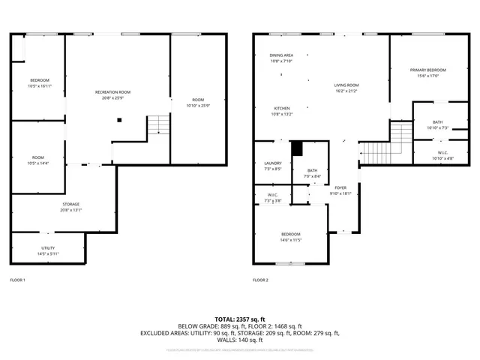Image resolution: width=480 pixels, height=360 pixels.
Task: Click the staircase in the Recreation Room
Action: (x=156, y=125)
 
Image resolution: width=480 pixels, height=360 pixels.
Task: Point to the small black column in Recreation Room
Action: (x=118, y=119)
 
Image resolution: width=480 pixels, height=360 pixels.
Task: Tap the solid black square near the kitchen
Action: (x=296, y=147)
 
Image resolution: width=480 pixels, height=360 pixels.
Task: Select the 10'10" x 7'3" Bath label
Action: (x=437, y=124)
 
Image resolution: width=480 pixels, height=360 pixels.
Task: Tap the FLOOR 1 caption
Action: (x=17, y=280)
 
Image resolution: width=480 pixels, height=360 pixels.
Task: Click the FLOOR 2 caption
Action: (x=259, y=280)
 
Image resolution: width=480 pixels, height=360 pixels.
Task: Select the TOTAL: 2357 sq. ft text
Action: (x=239, y=319)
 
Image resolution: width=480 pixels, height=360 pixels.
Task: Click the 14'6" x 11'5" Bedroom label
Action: (x=289, y=238)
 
